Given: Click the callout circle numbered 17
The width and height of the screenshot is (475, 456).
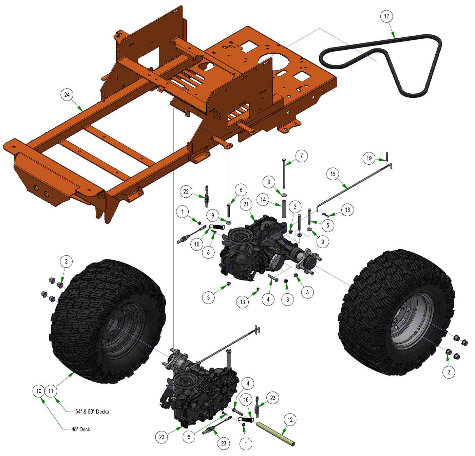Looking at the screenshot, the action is point(386,16).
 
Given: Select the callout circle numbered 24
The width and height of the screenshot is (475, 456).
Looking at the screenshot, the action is point(67,95).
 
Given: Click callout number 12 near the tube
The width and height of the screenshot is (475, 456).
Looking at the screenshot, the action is point(290,420).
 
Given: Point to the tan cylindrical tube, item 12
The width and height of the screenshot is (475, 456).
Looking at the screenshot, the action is point(275,433).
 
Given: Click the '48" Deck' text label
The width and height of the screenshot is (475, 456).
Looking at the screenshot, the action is point(81,429).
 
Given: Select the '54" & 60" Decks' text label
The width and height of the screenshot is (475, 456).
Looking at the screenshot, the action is point(92,412).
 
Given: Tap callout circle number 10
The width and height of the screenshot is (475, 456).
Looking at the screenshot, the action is point(39,391).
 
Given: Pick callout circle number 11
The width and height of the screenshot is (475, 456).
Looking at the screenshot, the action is point(51,391).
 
